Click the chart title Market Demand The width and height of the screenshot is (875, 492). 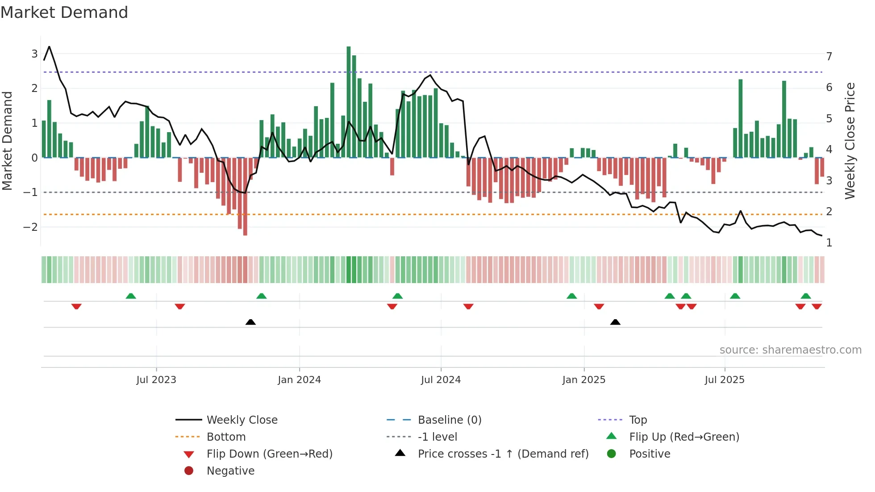tap(64, 13)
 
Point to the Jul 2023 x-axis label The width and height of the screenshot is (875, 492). tap(156, 380)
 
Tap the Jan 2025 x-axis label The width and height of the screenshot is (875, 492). tap(583, 380)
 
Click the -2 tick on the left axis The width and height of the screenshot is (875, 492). tap(31, 227)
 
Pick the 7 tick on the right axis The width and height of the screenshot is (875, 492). tap(829, 57)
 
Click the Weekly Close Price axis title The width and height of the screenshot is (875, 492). tap(850, 141)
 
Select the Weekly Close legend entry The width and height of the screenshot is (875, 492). tap(242, 420)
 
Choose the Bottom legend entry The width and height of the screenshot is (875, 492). tap(226, 437)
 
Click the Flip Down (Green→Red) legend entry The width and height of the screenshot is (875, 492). tap(269, 454)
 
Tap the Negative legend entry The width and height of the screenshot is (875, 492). tap(230, 471)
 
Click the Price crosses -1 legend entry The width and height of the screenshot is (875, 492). tap(503, 454)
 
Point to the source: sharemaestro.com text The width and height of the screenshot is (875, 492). tap(790, 350)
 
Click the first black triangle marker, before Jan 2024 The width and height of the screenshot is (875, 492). tap(250, 322)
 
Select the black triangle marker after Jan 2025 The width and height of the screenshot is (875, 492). tap(615, 322)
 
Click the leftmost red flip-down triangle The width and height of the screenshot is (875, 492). tap(76, 306)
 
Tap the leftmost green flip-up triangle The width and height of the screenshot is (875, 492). tap(131, 296)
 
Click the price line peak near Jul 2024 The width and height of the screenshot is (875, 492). tap(430, 75)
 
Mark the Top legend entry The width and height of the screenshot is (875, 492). tap(637, 420)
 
